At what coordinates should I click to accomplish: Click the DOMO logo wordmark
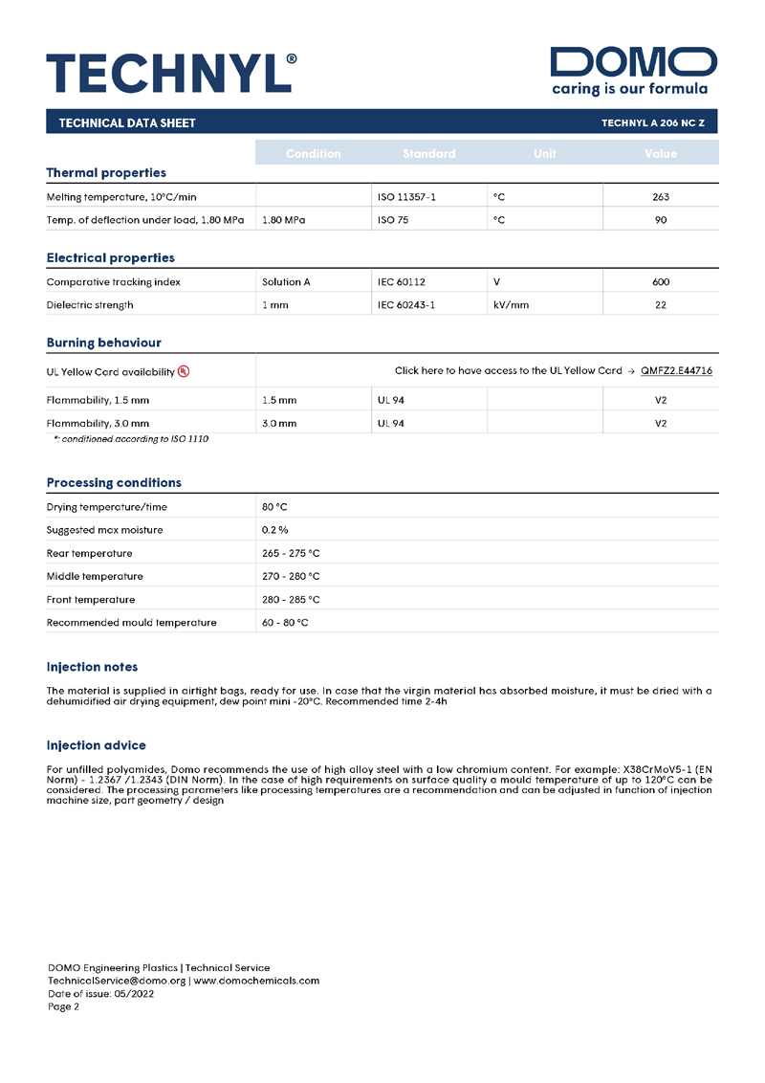point(634,62)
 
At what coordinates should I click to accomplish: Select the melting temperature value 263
point(660,197)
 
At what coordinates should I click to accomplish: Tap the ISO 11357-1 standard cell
point(406,197)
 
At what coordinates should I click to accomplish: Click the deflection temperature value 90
point(660,220)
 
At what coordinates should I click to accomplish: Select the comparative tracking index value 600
point(660,282)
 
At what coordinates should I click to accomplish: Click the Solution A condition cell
point(286,282)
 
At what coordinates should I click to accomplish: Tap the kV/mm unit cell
point(511,305)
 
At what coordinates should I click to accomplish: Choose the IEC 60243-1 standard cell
point(406,305)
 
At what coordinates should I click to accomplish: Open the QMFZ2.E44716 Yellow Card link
point(676,370)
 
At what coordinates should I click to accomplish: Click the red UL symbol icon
point(184,371)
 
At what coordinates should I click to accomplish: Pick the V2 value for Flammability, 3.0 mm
point(660,422)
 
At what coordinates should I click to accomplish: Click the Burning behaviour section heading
point(103,343)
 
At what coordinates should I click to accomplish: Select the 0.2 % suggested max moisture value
point(275,530)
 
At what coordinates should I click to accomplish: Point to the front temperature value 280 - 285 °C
point(291,600)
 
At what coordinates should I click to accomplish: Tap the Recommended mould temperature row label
point(131,623)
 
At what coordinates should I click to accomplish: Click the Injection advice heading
point(97,744)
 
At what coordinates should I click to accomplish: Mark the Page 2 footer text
point(64,1006)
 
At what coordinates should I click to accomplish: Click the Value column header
point(660,153)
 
